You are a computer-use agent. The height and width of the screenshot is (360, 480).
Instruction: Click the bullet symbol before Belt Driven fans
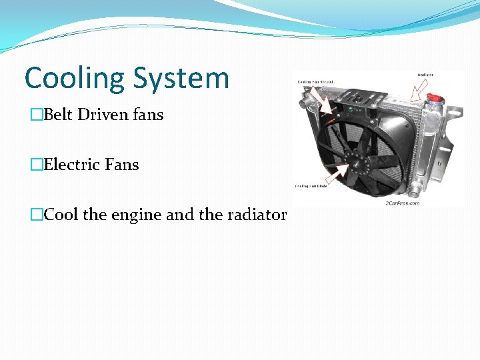pyautogui.click(x=37, y=115)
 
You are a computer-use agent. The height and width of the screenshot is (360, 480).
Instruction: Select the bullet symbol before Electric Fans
pyautogui.click(x=37, y=165)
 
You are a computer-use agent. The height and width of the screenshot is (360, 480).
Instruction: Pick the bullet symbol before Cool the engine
pyautogui.click(x=37, y=215)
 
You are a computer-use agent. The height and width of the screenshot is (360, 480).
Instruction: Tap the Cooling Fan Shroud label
pyautogui.click(x=315, y=83)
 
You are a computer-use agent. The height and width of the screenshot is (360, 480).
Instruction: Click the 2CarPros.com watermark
pyautogui.click(x=402, y=203)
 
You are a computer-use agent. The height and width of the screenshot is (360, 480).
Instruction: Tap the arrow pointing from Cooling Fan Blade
pyautogui.click(x=337, y=175)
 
